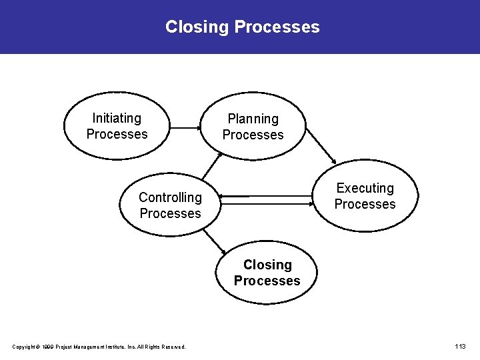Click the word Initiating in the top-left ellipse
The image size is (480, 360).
(x=117, y=118)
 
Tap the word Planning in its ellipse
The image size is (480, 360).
(x=253, y=119)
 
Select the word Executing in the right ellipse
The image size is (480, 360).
(x=365, y=188)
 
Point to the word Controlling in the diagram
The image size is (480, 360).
(x=170, y=197)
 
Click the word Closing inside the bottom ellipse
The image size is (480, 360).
(x=267, y=265)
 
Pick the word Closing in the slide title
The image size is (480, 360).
(x=197, y=27)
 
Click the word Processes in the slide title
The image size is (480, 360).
(x=277, y=27)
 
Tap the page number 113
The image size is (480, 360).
(x=460, y=347)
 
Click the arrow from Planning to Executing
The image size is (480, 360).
(x=321, y=145)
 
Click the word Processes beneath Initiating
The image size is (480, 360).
(x=117, y=134)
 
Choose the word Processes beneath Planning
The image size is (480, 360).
(x=253, y=135)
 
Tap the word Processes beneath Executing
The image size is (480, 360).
(x=365, y=204)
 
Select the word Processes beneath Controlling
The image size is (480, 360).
(x=170, y=213)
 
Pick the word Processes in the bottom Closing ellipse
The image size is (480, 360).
(x=267, y=281)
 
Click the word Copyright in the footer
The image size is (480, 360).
(x=25, y=347)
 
